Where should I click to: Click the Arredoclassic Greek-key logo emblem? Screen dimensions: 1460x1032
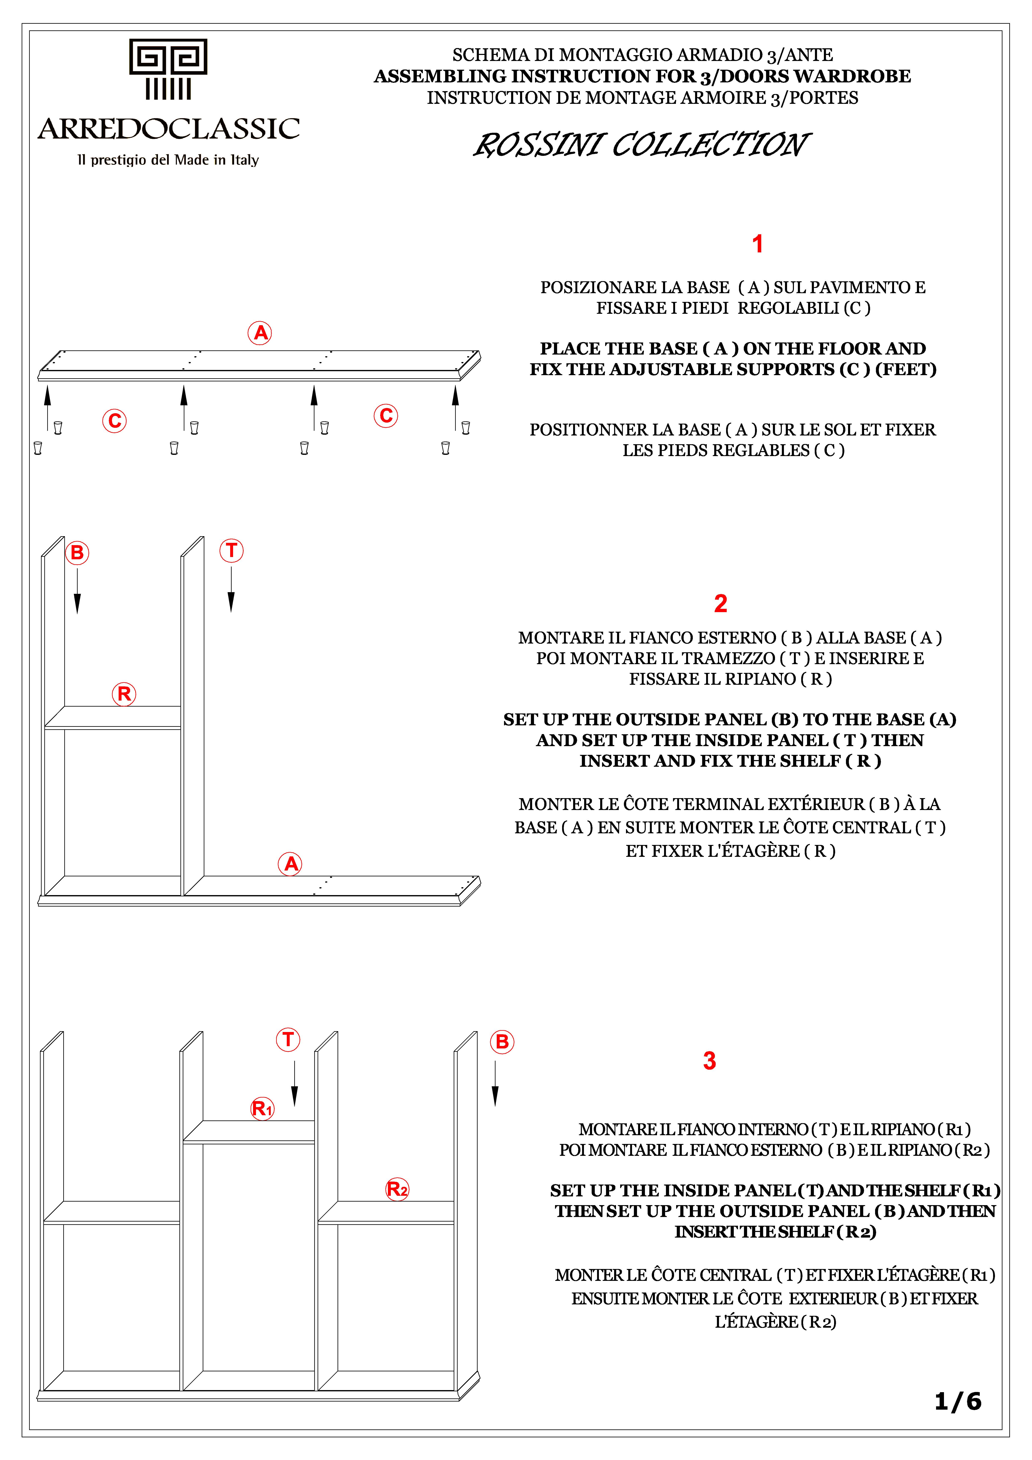point(168,69)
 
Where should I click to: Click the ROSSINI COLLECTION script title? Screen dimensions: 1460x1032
point(641,145)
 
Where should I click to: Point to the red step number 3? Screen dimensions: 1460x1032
point(709,1061)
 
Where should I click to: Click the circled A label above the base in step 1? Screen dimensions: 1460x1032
point(260,332)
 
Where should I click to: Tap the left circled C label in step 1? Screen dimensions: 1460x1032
point(114,420)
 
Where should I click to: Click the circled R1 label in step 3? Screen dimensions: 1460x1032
point(262,1108)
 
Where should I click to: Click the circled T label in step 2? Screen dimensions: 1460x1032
point(231,550)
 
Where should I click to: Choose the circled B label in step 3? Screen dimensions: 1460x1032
point(502,1042)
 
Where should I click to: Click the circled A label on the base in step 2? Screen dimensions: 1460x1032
point(290,863)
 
